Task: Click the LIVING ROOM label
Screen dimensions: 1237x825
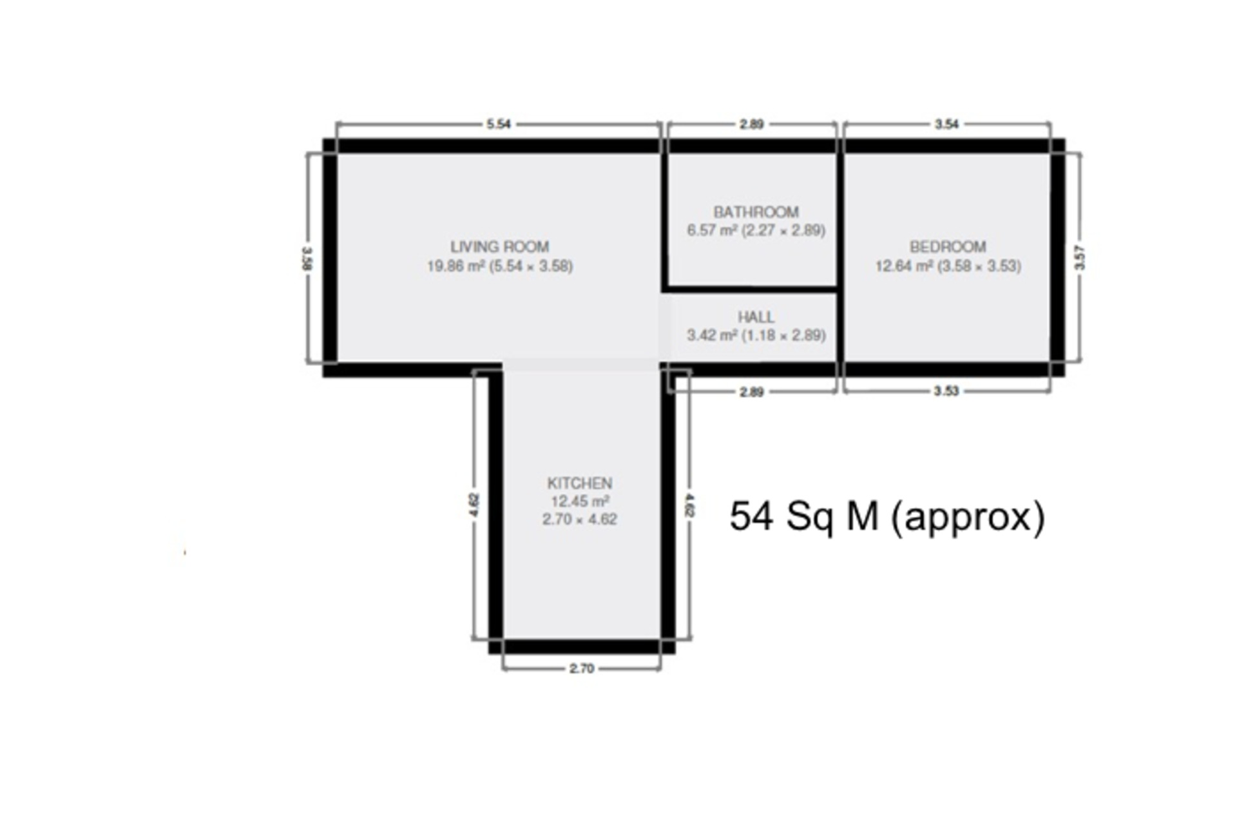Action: click(499, 247)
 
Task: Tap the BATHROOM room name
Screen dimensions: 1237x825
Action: click(756, 212)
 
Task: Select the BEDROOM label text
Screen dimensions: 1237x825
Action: click(948, 247)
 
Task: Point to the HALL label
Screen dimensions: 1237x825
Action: click(756, 317)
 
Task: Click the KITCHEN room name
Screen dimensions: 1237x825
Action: click(579, 483)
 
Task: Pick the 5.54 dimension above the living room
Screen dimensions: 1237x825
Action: click(499, 124)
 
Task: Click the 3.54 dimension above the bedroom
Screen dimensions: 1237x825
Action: click(946, 124)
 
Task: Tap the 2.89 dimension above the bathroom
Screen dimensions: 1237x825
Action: click(752, 124)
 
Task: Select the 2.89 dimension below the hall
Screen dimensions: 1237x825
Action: click(752, 392)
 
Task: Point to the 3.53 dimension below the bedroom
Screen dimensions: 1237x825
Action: click(946, 391)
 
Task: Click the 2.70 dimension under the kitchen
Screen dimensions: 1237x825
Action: click(581, 668)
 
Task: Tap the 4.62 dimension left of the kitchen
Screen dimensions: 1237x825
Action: click(474, 505)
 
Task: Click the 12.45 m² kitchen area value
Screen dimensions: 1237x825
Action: click(580, 501)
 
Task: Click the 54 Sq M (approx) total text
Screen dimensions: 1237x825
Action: click(887, 516)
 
